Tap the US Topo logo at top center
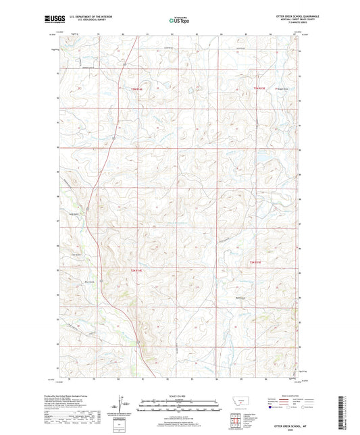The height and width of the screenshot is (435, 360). (x=180, y=21)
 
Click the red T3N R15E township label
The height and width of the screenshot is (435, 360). (x=261, y=87)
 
